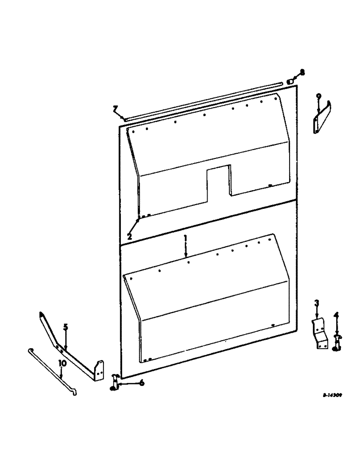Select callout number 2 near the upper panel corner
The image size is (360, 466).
point(130,236)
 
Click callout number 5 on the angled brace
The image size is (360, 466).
point(66,327)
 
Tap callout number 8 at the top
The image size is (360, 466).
point(302,72)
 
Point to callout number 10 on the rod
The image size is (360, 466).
point(61,362)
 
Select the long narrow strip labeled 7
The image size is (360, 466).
point(201,100)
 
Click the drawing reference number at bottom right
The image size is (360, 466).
point(332,394)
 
